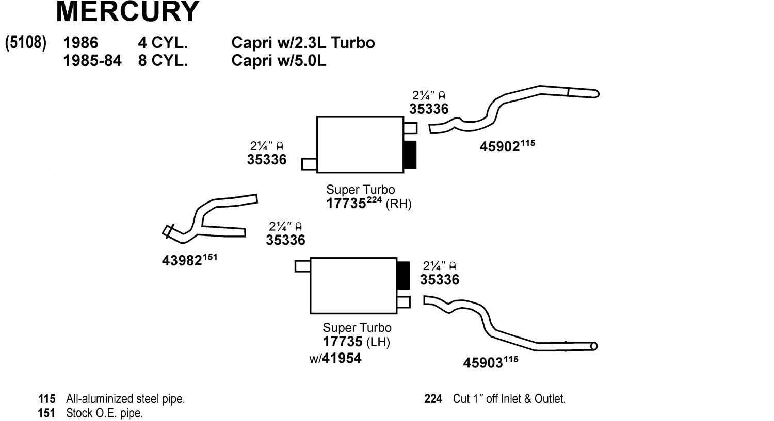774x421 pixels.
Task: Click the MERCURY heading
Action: click(127, 11)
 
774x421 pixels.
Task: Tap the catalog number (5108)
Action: click(26, 42)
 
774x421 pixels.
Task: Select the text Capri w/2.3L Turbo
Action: click(303, 42)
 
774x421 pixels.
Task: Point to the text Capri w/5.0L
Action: click(279, 60)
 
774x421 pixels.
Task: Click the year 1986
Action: click(80, 42)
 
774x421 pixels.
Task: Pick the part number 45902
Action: click(499, 147)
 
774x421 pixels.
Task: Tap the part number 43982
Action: click(182, 261)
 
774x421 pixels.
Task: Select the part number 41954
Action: click(342, 358)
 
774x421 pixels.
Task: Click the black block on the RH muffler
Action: click(410, 154)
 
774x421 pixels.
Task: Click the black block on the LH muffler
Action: click(403, 275)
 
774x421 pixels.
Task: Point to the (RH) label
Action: click(398, 204)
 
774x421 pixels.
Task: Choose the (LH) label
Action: click(378, 342)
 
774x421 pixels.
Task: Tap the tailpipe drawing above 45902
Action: click(516, 106)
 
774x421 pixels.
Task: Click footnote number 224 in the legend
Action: click(433, 399)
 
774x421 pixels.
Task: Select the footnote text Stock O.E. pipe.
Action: click(104, 413)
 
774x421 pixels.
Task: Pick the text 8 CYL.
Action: click(163, 60)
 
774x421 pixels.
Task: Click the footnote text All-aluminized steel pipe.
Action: click(125, 399)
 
